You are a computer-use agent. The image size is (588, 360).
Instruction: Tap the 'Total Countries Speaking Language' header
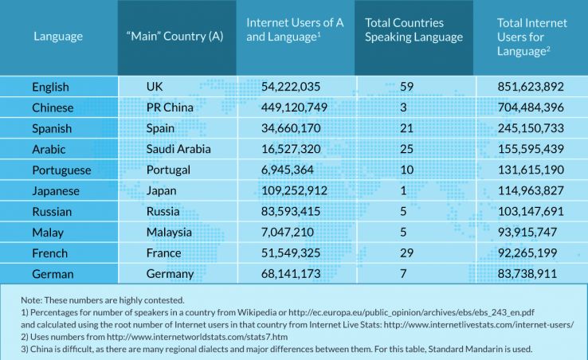(x=414, y=30)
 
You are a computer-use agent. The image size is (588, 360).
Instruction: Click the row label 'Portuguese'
(x=61, y=170)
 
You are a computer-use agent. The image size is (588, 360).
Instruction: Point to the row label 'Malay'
(x=48, y=232)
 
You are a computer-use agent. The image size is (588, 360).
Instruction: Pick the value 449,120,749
(x=296, y=108)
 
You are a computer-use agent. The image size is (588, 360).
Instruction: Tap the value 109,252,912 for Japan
(x=296, y=190)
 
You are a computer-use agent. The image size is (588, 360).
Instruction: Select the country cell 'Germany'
(x=171, y=273)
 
